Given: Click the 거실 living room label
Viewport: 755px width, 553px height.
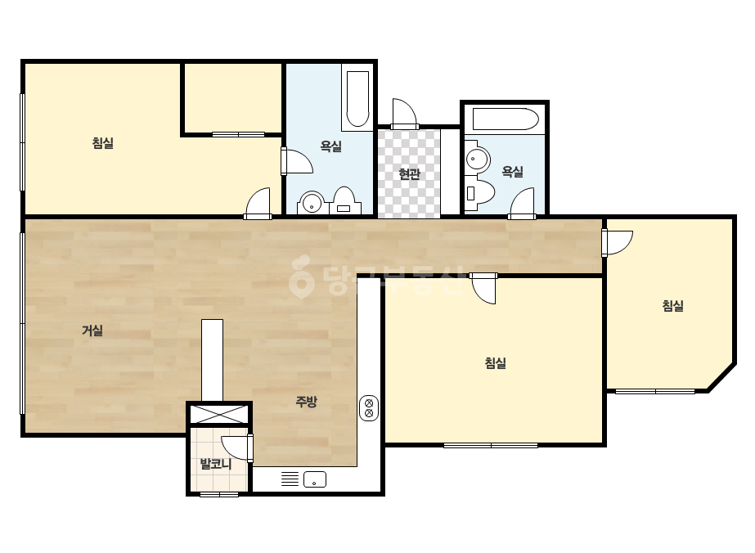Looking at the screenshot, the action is (92, 330).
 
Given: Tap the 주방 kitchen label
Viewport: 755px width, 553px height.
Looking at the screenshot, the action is (306, 402).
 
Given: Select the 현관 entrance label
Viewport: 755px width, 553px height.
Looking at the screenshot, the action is (409, 174).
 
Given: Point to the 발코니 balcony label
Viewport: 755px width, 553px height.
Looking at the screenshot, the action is (216, 464).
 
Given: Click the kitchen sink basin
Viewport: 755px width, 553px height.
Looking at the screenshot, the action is (315, 479).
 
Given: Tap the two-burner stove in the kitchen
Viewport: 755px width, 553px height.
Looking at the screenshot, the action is (369, 408).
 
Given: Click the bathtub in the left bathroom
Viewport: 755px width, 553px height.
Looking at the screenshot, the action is (357, 99).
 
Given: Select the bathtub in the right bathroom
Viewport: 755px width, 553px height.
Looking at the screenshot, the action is (505, 119).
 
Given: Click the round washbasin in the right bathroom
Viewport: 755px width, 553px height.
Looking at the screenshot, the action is (477, 158).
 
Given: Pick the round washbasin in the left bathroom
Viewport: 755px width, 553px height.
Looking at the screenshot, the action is (312, 204).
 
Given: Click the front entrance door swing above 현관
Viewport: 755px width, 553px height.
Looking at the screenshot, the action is (404, 114).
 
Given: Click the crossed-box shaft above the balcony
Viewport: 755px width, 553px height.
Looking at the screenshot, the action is (219, 414).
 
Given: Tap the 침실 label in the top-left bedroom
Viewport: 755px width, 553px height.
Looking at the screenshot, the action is (103, 143).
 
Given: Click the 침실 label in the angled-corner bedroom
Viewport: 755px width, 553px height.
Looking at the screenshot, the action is (673, 306).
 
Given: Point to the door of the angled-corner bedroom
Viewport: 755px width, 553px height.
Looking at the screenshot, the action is (618, 243).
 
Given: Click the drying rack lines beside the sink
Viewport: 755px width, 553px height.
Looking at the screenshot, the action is (290, 479).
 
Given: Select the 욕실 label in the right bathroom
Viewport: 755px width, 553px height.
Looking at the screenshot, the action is (512, 172).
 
